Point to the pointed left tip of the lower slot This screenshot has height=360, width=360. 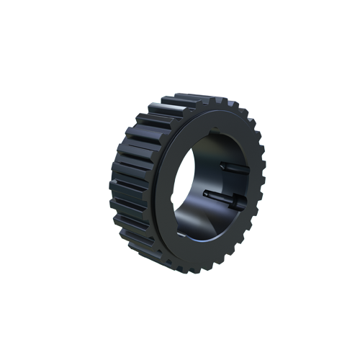(x=206, y=192)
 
